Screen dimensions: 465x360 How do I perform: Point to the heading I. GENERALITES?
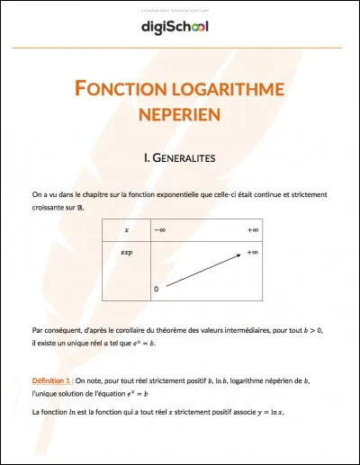[179, 158]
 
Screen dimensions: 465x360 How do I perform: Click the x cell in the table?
[126, 230]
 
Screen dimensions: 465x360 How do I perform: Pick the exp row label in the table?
[126, 253]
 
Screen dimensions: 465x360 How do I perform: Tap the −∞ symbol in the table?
[159, 230]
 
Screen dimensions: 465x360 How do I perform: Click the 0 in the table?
[157, 289]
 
